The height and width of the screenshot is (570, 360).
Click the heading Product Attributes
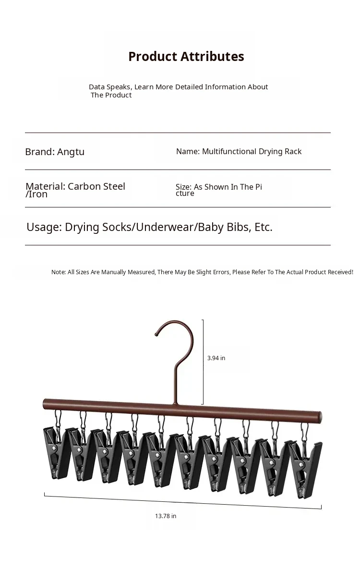186,57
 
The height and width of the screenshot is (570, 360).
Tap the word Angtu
71,152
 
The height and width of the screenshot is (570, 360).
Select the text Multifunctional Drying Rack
252,151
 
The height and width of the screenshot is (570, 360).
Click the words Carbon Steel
96,186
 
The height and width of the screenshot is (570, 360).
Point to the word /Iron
36,194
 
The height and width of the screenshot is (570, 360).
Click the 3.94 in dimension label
216,358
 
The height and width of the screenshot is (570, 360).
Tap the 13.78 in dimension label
166,516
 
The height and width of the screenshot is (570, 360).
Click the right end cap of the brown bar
320,417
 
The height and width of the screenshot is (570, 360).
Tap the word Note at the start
58,272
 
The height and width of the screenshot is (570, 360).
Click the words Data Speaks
109,87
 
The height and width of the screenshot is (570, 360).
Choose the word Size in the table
183,187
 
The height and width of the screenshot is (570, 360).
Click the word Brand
39,152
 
